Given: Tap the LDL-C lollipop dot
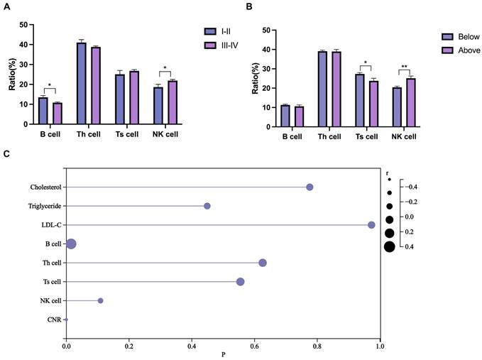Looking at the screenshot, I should tap(371, 225).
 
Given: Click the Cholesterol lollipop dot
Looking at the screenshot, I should tap(310, 187).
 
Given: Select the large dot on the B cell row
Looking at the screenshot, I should tap(71, 244).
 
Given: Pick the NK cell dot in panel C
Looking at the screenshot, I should tap(100, 301).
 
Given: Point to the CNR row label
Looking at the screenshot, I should tap(55, 320).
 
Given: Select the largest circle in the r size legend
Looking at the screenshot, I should tap(390, 246).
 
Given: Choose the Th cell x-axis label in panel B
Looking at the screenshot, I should tap(327, 136).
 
